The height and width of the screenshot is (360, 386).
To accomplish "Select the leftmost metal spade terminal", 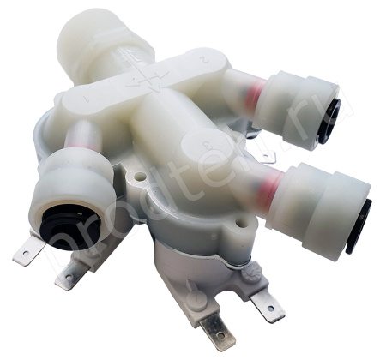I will coord(28,251).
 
